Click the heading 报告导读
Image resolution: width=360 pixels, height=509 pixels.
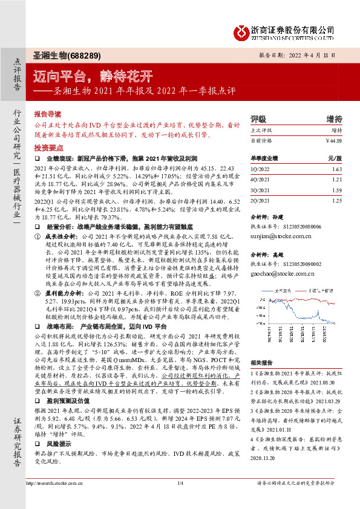[x=48, y=114]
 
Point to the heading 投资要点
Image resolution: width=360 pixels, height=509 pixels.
[x=48, y=147]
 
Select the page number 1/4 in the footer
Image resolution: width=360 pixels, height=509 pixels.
[x=180, y=500]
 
